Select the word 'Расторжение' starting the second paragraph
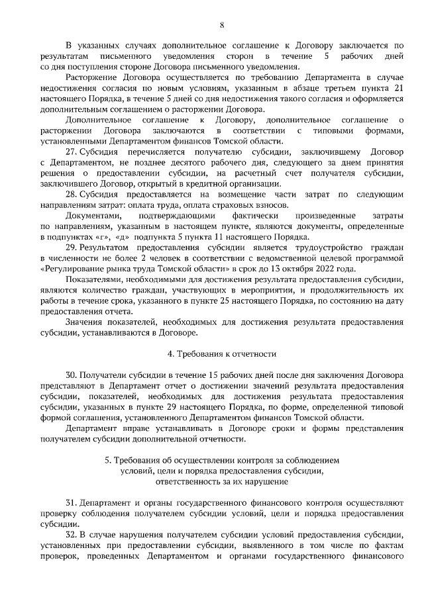click(92, 77)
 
